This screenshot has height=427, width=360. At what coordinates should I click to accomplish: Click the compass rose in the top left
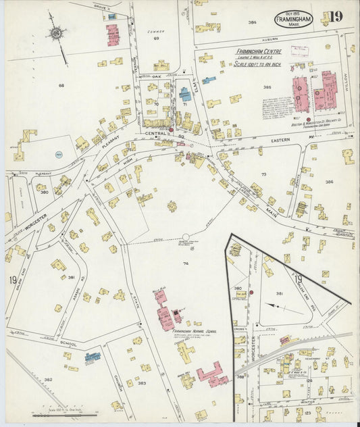(55, 34)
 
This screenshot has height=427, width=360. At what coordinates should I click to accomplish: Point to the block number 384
(252, 22)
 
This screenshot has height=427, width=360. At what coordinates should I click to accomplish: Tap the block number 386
(329, 182)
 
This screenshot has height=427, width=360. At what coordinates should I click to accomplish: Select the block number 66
(61, 85)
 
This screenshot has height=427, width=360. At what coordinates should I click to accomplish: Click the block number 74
(184, 263)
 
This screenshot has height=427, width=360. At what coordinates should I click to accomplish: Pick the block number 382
(48, 380)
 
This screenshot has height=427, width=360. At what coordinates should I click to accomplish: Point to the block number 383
(141, 383)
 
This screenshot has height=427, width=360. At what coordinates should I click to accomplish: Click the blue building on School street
(93, 356)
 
